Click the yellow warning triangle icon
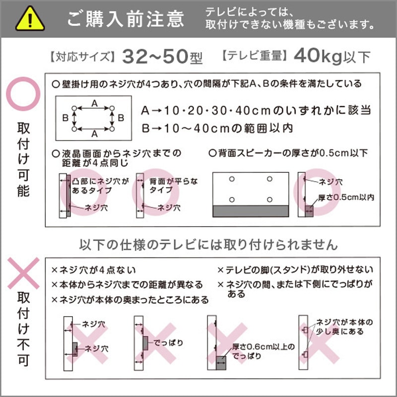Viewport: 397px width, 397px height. click(x=30, y=19)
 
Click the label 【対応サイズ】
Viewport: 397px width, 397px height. click(x=82, y=57)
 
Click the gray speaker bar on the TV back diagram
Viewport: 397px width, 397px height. click(x=251, y=211)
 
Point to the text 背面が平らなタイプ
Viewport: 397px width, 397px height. click(x=168, y=186)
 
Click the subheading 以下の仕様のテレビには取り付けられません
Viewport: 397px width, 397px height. click(x=208, y=245)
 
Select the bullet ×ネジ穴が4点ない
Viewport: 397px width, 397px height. click(x=94, y=270)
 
